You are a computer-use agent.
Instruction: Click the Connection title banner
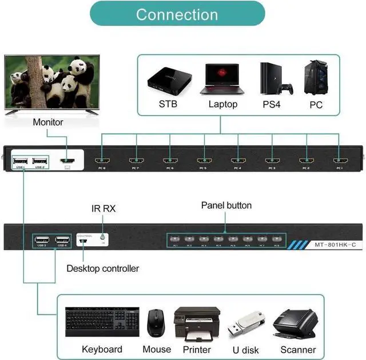click(177, 14)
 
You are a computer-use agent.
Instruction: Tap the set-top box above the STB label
click(168, 80)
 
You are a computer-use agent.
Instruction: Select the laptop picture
click(222, 78)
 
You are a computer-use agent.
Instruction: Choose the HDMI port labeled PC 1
click(340, 161)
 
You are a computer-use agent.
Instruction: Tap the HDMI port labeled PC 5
click(204, 161)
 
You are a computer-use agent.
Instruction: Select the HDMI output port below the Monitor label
click(67, 161)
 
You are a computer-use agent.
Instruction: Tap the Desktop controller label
click(102, 268)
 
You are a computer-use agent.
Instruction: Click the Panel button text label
click(226, 205)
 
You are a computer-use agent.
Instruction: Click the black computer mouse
click(156, 324)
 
